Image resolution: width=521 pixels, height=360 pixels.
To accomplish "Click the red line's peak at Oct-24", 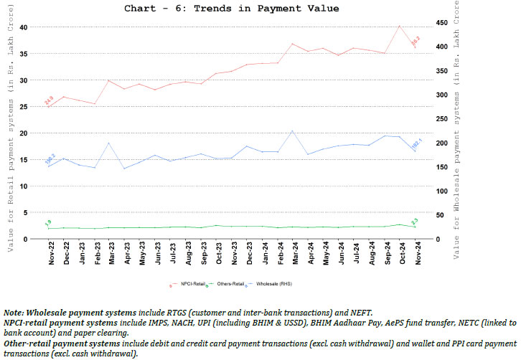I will (x=399, y=26).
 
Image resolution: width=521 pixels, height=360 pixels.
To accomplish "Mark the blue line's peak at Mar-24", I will (x=292, y=131).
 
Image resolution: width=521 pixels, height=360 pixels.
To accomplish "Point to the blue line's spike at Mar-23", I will (x=108, y=143).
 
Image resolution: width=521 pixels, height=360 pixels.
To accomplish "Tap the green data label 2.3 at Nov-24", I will (x=414, y=221).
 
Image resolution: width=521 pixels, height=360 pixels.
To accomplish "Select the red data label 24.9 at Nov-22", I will (x=50, y=99).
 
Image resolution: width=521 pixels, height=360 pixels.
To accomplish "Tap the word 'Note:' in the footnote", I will (x=14, y=313).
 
